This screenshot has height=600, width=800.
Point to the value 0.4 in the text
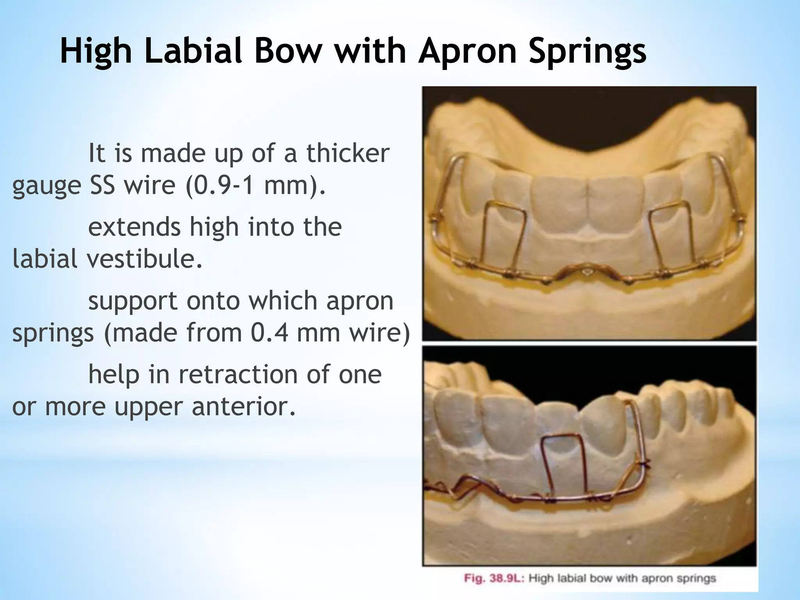click(270, 333)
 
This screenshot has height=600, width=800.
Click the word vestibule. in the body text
click(145, 259)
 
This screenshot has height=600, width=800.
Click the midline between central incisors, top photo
click(587, 203)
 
